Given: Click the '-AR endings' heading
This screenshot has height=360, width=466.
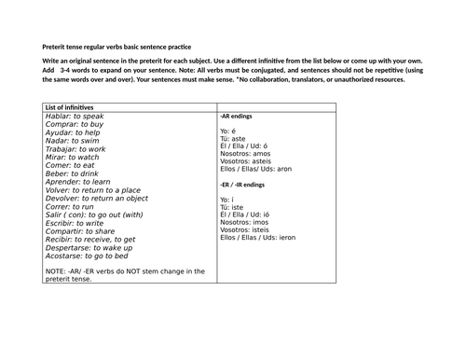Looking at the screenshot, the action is coord(236,117).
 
